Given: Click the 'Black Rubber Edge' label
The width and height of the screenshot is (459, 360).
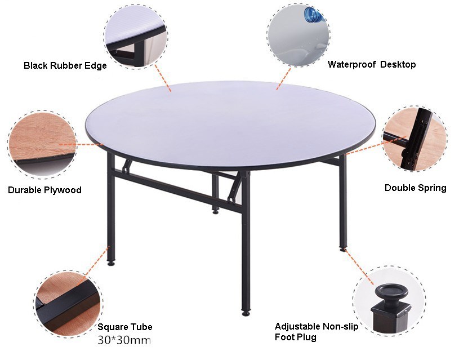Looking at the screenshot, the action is tap(65, 65).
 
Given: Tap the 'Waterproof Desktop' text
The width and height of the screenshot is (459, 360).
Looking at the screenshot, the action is tap(372, 64).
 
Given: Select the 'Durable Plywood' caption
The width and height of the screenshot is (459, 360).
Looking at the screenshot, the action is tap(44, 190).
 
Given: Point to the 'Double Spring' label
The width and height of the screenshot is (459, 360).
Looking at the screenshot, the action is tap(416, 188).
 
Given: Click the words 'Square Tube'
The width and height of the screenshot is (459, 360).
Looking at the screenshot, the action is tap(124, 327).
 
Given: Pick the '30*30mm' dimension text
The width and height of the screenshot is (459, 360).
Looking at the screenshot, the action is tap(124, 340).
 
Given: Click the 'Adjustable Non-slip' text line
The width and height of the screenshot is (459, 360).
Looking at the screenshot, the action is tap(317, 326).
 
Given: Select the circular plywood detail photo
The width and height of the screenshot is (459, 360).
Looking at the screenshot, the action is tap(42, 144).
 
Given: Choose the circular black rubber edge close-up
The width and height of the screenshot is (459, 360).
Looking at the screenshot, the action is tap(136, 37).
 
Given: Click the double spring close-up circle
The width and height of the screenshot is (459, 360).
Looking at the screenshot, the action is tap(415, 139).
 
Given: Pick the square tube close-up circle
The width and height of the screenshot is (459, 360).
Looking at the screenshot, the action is tap(68, 304).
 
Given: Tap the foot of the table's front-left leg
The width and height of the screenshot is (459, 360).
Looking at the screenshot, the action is tap(111, 263).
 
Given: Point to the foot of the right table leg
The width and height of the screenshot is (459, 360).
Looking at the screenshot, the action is tap(343, 248).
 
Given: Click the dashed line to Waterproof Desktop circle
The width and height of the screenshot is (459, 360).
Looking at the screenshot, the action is tap(284, 78).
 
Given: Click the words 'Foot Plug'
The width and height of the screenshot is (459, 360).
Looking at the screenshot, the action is tap(295, 337).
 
